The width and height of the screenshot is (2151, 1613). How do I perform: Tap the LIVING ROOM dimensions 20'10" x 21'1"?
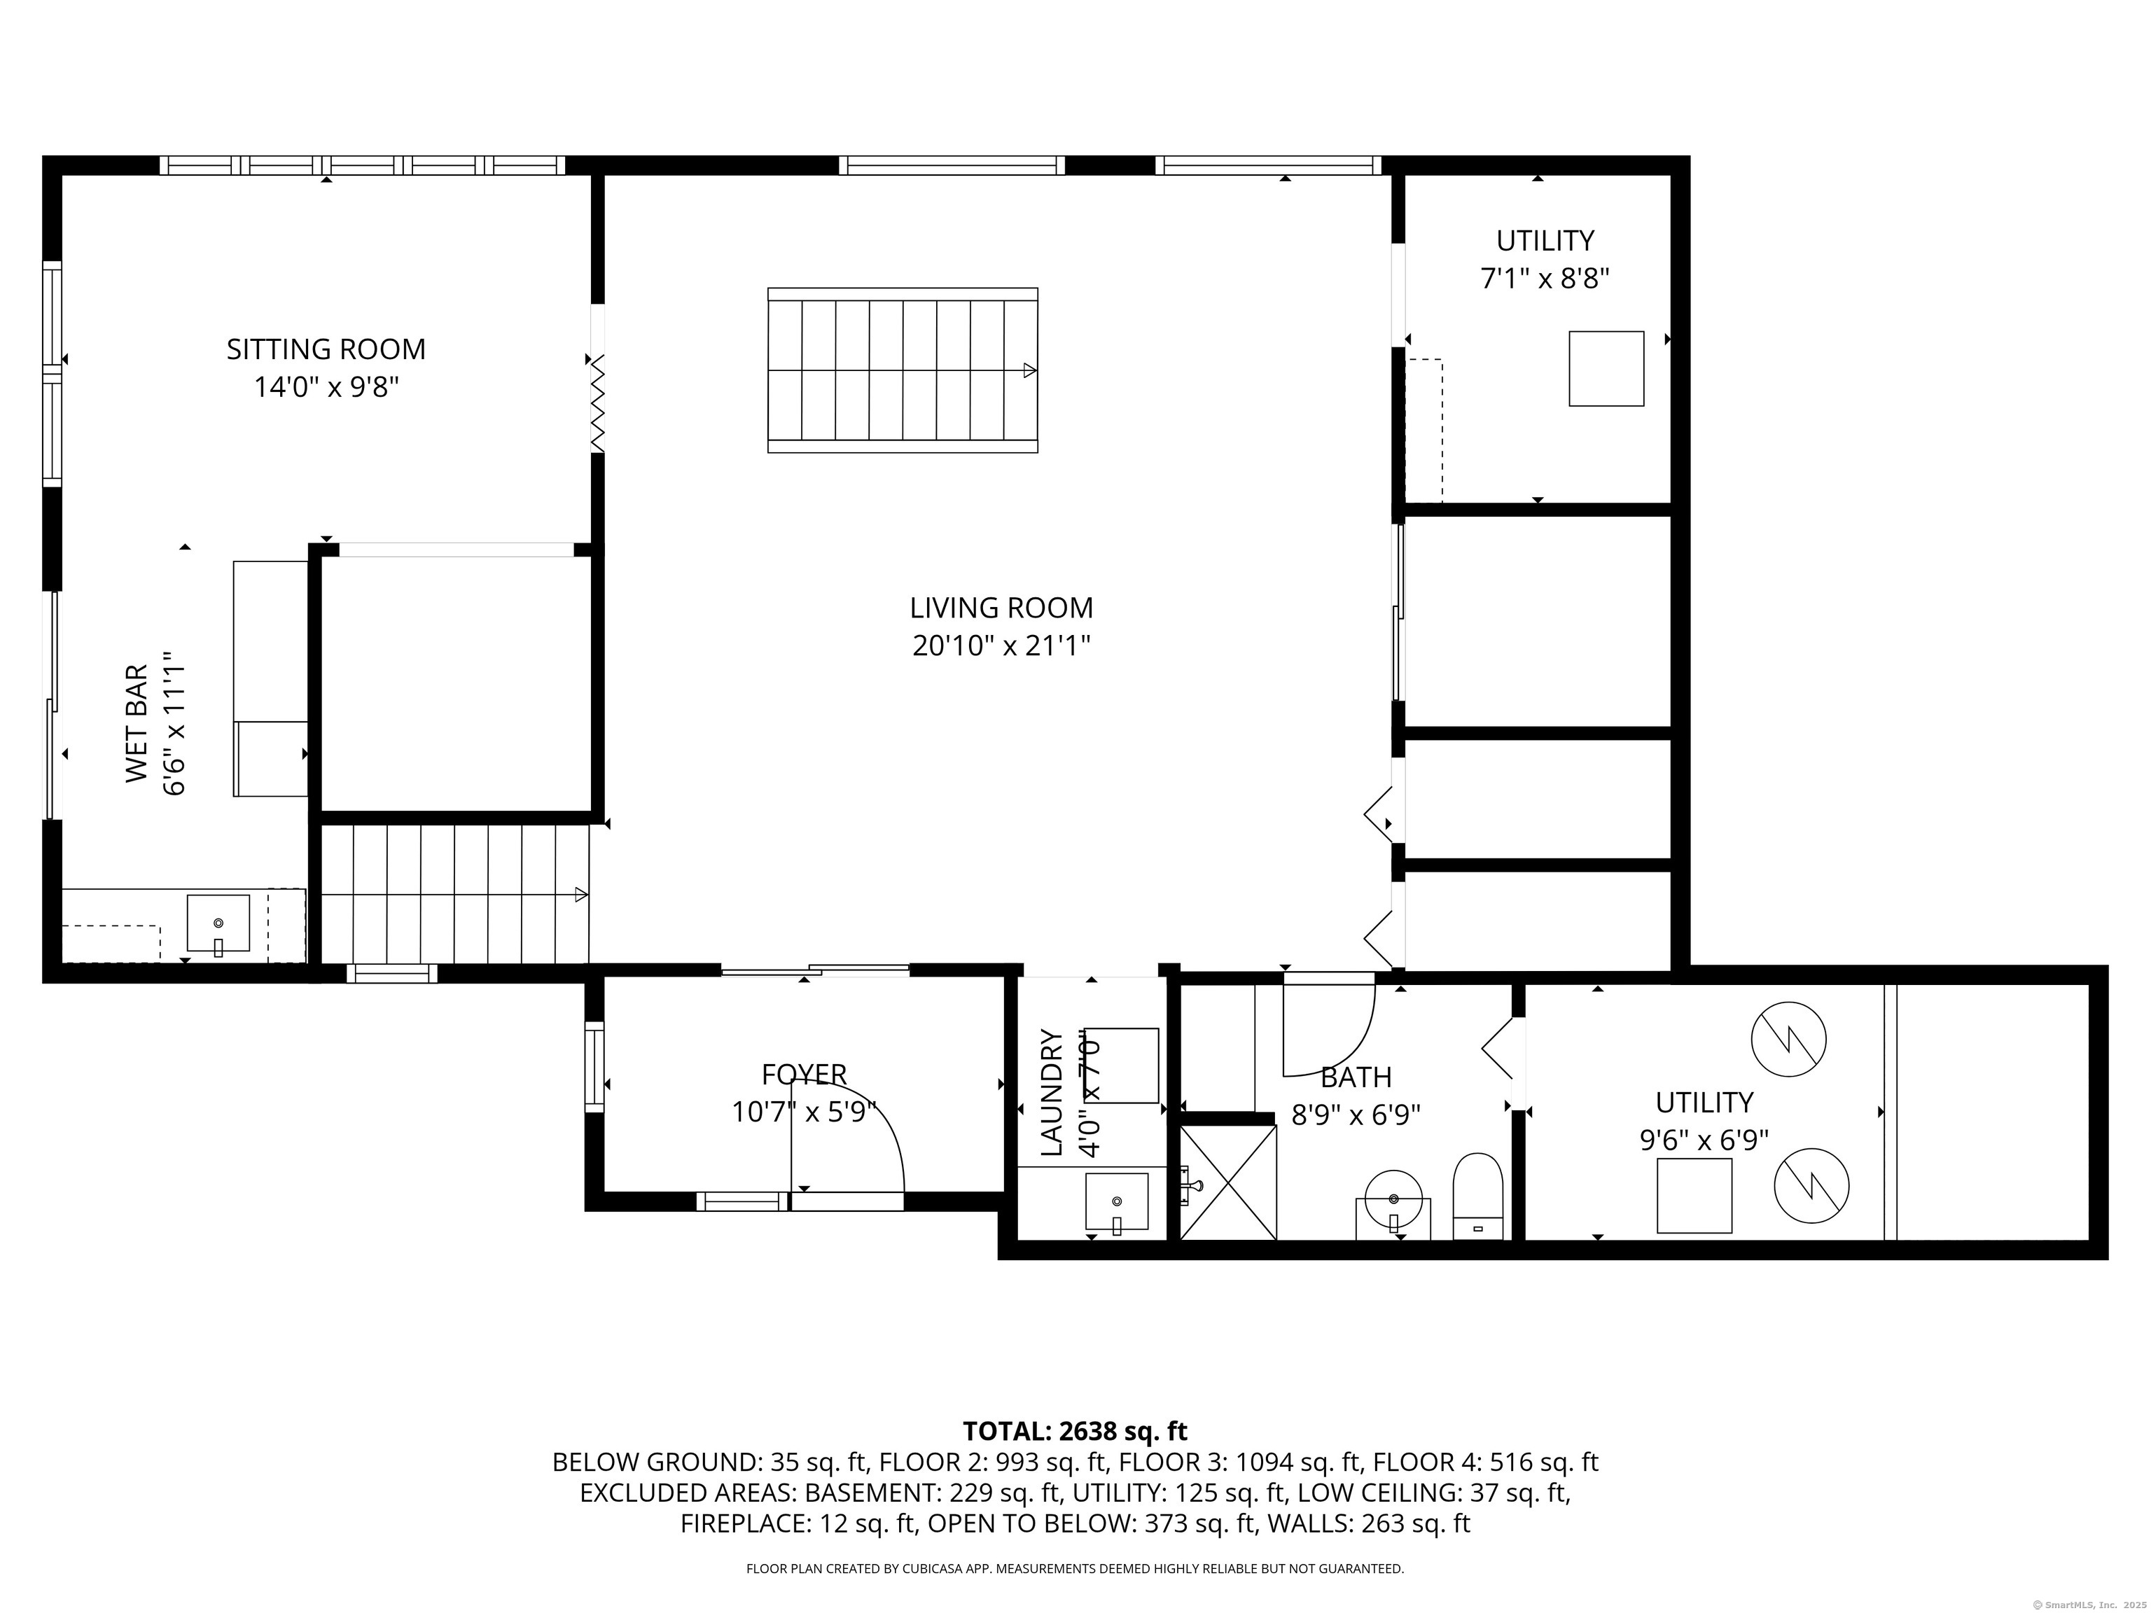(1001, 645)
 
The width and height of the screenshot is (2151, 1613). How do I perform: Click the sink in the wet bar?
(218, 923)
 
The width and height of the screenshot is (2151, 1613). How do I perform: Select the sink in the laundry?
(1116, 1202)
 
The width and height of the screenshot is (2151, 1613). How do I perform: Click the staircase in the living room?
(903, 370)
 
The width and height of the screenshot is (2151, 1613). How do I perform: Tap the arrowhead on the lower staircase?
(581, 895)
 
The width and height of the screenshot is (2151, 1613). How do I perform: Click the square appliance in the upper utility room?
(1606, 368)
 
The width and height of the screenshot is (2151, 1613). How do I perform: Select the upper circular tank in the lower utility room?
(1788, 1038)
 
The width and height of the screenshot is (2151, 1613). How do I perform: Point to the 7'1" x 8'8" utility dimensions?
(1544, 279)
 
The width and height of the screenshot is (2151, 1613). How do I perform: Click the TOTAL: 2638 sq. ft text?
(1075, 1431)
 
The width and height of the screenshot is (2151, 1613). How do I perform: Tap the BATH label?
(1356, 1077)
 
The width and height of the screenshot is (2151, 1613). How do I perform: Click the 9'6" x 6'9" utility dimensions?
(1704, 1140)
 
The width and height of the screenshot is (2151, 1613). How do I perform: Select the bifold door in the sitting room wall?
(597, 403)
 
